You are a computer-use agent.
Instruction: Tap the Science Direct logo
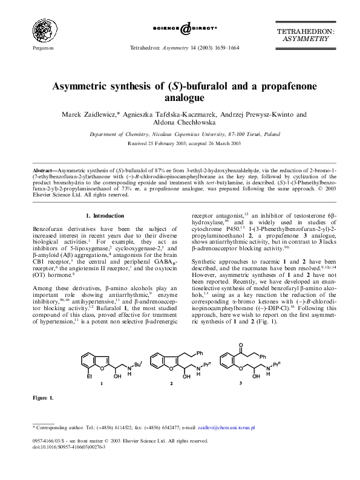pyautogui.click(x=180, y=28)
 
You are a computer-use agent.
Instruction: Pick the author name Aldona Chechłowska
pyautogui.click(x=180, y=123)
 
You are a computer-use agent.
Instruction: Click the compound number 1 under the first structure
pyautogui.click(x=102, y=384)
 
